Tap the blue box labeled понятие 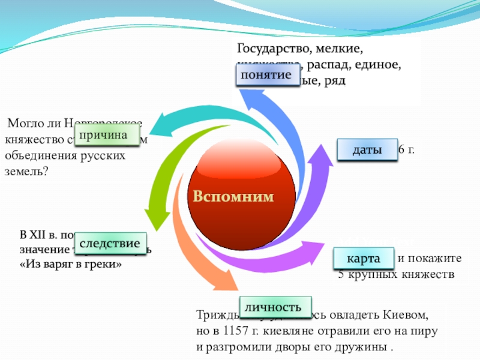[x=266, y=76]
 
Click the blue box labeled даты [x=367, y=150]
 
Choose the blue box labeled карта [x=362, y=259]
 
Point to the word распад [x=331, y=64]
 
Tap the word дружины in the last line [x=362, y=347]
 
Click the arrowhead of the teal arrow [x=154, y=125]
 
